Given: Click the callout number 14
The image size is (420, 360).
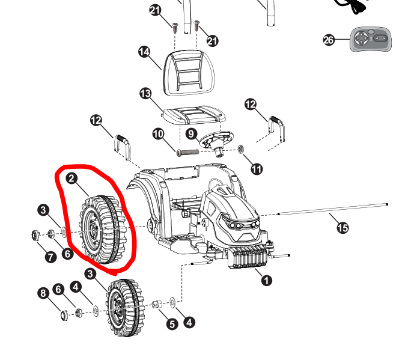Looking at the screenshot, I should pyautogui.click(x=144, y=52).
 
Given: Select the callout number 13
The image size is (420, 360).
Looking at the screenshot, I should pyautogui.click(x=145, y=94).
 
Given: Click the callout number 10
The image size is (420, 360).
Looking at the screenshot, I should pyautogui.click(x=159, y=134).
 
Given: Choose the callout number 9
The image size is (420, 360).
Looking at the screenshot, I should pyautogui.click(x=192, y=133).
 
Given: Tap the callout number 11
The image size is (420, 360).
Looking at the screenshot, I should pyautogui.click(x=257, y=169).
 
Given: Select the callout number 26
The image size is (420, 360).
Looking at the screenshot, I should pyautogui.click(x=329, y=40).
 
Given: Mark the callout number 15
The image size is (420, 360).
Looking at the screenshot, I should pyautogui.click(x=342, y=227).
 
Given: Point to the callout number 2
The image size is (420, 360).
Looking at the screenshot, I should pyautogui.click(x=72, y=178).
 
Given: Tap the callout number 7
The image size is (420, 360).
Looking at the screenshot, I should pyautogui.click(x=50, y=257).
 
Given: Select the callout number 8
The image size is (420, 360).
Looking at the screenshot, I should pyautogui.click(x=43, y=293).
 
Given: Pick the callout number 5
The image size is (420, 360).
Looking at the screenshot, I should pyautogui.click(x=172, y=324).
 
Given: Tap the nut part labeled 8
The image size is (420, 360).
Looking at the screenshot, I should pyautogui.click(x=64, y=315).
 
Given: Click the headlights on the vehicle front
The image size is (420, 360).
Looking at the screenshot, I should pyautogui.click(x=243, y=225).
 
